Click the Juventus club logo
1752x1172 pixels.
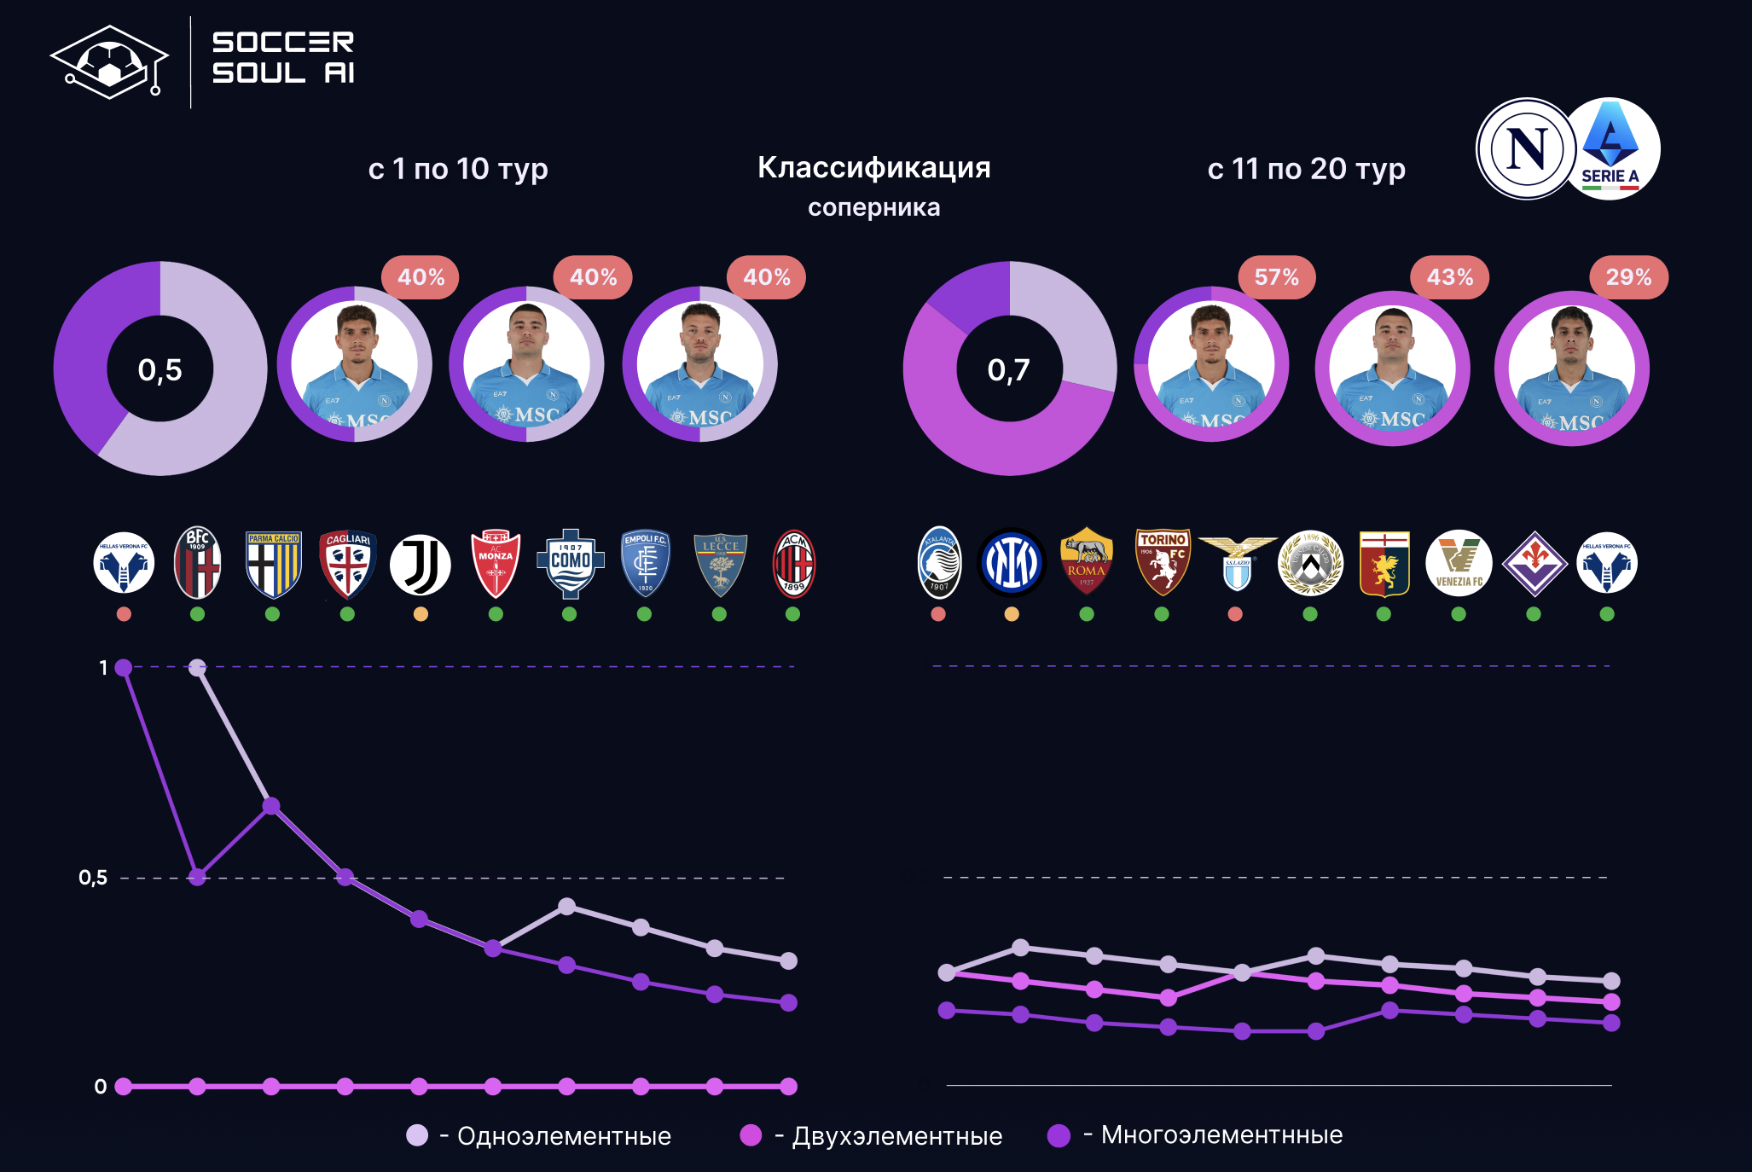(x=421, y=564)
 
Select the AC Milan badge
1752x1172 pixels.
(x=793, y=564)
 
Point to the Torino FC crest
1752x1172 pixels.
(x=1162, y=562)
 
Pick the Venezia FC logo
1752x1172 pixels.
(x=1459, y=564)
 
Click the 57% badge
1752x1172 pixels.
(x=1276, y=277)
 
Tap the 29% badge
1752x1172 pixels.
(x=1628, y=277)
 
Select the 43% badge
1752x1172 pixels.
(x=1450, y=277)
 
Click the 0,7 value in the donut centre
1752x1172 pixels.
(x=1009, y=369)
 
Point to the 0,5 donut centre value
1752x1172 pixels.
(x=160, y=369)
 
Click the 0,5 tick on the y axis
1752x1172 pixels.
(x=93, y=878)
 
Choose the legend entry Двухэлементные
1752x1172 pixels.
(x=896, y=1136)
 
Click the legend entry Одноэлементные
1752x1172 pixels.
(x=563, y=1136)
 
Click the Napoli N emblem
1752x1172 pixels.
(x=1527, y=149)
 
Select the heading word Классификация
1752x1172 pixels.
(x=873, y=168)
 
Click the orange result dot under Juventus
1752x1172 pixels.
(x=421, y=614)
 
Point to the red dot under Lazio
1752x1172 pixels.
(x=1235, y=614)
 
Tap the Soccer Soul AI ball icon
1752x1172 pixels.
(x=110, y=62)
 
